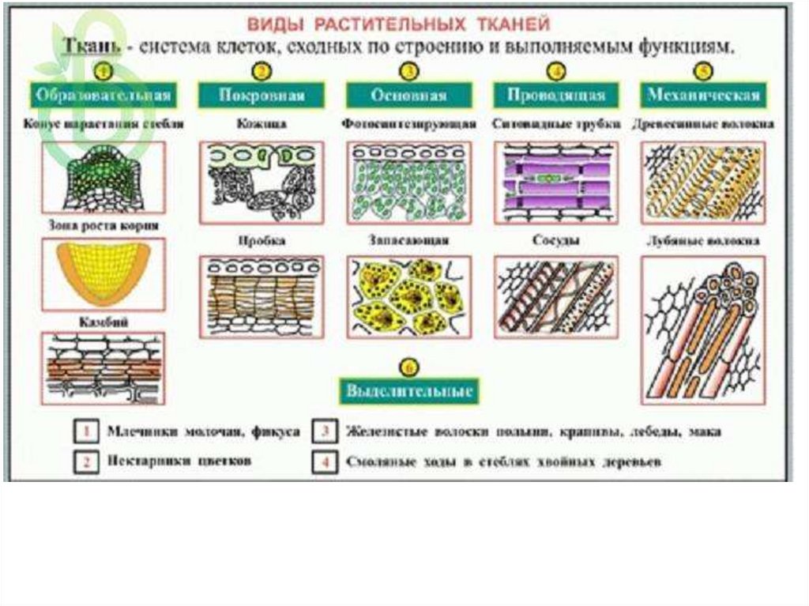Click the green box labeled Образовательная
pyautogui.click(x=102, y=96)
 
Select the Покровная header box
pyautogui.click(x=262, y=96)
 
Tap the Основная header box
pyautogui.click(x=408, y=96)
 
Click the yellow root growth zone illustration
pyautogui.click(x=102, y=273)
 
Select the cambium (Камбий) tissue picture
pyautogui.click(x=102, y=369)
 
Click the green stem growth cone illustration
pyautogui.click(x=102, y=177)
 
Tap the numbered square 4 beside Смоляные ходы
pyautogui.click(x=324, y=462)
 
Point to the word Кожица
pyautogui.click(x=261, y=124)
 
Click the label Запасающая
pyautogui.click(x=408, y=239)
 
